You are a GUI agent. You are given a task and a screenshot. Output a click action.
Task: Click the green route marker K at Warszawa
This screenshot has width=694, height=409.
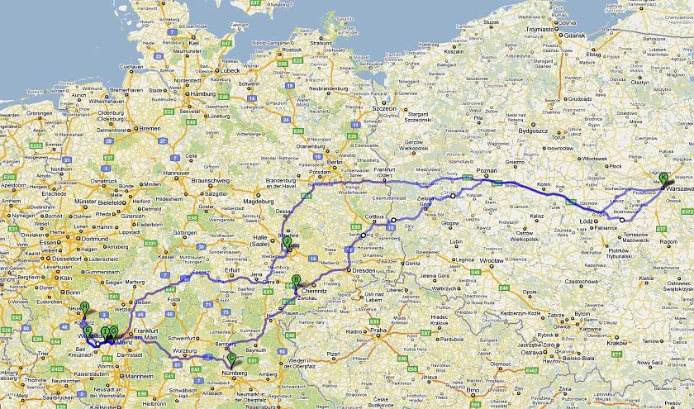(x=663, y=178)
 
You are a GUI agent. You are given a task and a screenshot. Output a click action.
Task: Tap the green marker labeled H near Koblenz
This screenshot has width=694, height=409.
(x=84, y=308)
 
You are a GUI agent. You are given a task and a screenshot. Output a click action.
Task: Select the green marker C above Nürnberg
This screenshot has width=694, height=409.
(x=231, y=358)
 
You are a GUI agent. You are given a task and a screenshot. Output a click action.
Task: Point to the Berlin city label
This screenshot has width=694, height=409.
(x=334, y=164)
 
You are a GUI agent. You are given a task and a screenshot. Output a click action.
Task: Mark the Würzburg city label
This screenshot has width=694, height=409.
(x=186, y=350)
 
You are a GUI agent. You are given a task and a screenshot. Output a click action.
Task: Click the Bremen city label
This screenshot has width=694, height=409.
(x=150, y=128)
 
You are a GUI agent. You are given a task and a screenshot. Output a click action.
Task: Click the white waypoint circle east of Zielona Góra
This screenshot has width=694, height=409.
(x=452, y=196)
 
